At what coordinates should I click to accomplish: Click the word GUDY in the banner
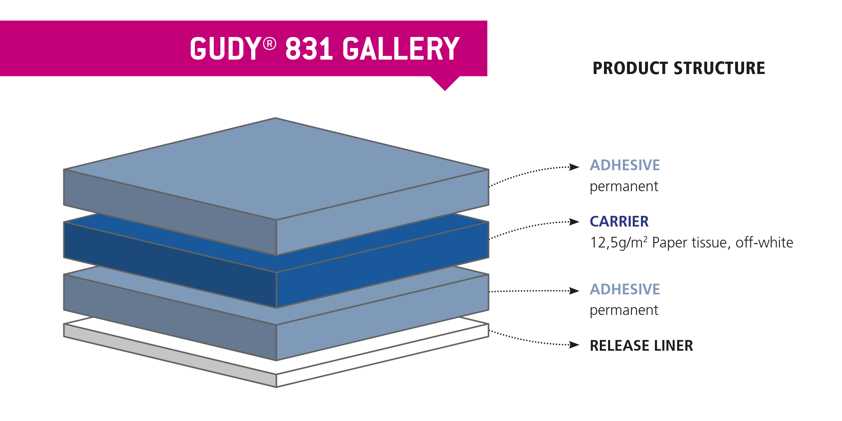point(224,49)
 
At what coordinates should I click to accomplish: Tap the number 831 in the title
point(309,49)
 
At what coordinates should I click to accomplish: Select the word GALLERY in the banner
point(401,49)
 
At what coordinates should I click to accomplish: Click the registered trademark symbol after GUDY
point(269,44)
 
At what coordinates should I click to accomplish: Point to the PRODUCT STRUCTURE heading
point(679,68)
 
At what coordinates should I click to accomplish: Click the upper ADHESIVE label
point(625,165)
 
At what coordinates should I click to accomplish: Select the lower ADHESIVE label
point(625,289)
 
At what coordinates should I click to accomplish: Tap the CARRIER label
point(619,222)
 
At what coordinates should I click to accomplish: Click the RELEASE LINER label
point(641,346)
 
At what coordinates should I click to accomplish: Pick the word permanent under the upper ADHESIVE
point(624,187)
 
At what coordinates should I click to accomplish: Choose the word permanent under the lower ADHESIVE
point(624,311)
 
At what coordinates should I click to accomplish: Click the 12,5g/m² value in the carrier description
point(619,243)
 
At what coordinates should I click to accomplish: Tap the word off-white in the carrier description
point(764,243)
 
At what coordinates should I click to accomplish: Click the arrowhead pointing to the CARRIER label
point(574,222)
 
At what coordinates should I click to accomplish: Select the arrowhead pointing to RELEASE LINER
point(574,345)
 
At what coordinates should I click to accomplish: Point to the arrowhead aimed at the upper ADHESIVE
point(574,167)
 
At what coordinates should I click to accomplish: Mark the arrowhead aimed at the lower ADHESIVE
point(574,291)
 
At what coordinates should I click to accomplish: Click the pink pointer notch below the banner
point(445,82)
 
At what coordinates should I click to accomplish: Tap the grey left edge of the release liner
point(170,356)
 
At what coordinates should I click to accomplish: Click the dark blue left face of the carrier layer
point(170,265)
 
